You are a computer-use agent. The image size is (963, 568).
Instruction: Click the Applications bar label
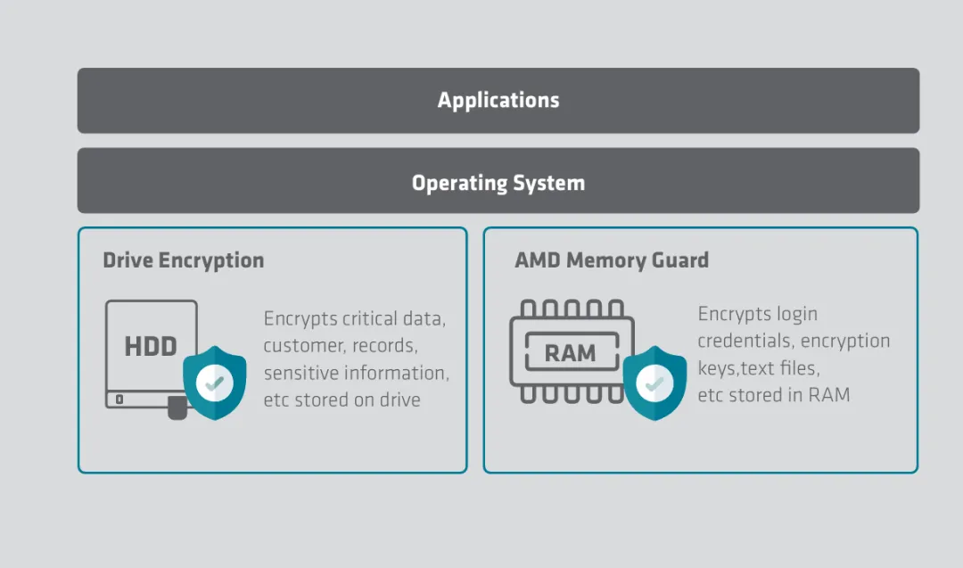[x=498, y=100]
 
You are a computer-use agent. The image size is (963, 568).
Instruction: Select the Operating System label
[x=498, y=183]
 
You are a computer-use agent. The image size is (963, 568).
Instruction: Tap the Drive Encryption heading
[x=184, y=260]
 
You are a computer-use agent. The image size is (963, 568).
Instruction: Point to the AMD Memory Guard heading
[x=612, y=260]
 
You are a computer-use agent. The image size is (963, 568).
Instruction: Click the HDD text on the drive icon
[x=151, y=346]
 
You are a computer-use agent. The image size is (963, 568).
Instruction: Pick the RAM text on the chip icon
[x=570, y=353]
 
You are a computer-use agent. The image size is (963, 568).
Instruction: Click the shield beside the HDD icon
[x=214, y=383]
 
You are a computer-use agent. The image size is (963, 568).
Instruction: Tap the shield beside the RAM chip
[x=654, y=383]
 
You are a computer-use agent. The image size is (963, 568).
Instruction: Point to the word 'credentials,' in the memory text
[x=745, y=342]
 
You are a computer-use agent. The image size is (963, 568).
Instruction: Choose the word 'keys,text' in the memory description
[x=739, y=368]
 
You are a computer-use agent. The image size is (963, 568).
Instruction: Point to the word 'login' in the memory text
[x=796, y=314]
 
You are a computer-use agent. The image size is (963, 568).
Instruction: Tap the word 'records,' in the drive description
[x=384, y=346]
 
